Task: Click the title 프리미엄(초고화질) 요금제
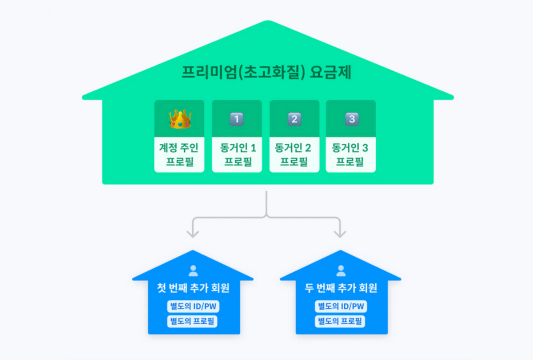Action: click(x=266, y=72)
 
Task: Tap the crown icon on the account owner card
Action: click(x=179, y=119)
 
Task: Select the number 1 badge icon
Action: click(x=237, y=119)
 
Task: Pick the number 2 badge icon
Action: click(x=295, y=119)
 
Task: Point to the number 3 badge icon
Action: click(x=352, y=119)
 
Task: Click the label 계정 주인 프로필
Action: click(x=179, y=154)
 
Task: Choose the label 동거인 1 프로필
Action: click(x=237, y=154)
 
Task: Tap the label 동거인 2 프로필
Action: click(x=295, y=154)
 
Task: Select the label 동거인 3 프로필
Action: click(x=352, y=154)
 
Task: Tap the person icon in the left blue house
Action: click(x=192, y=271)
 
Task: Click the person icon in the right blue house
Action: click(x=339, y=271)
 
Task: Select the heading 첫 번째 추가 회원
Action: click(x=192, y=288)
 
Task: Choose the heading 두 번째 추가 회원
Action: click(x=339, y=288)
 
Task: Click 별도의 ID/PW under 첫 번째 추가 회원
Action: click(x=192, y=306)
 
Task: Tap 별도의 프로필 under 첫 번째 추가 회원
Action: click(x=192, y=321)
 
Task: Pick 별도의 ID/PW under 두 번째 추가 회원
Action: click(x=339, y=306)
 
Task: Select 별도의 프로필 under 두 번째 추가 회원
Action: click(x=339, y=321)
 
